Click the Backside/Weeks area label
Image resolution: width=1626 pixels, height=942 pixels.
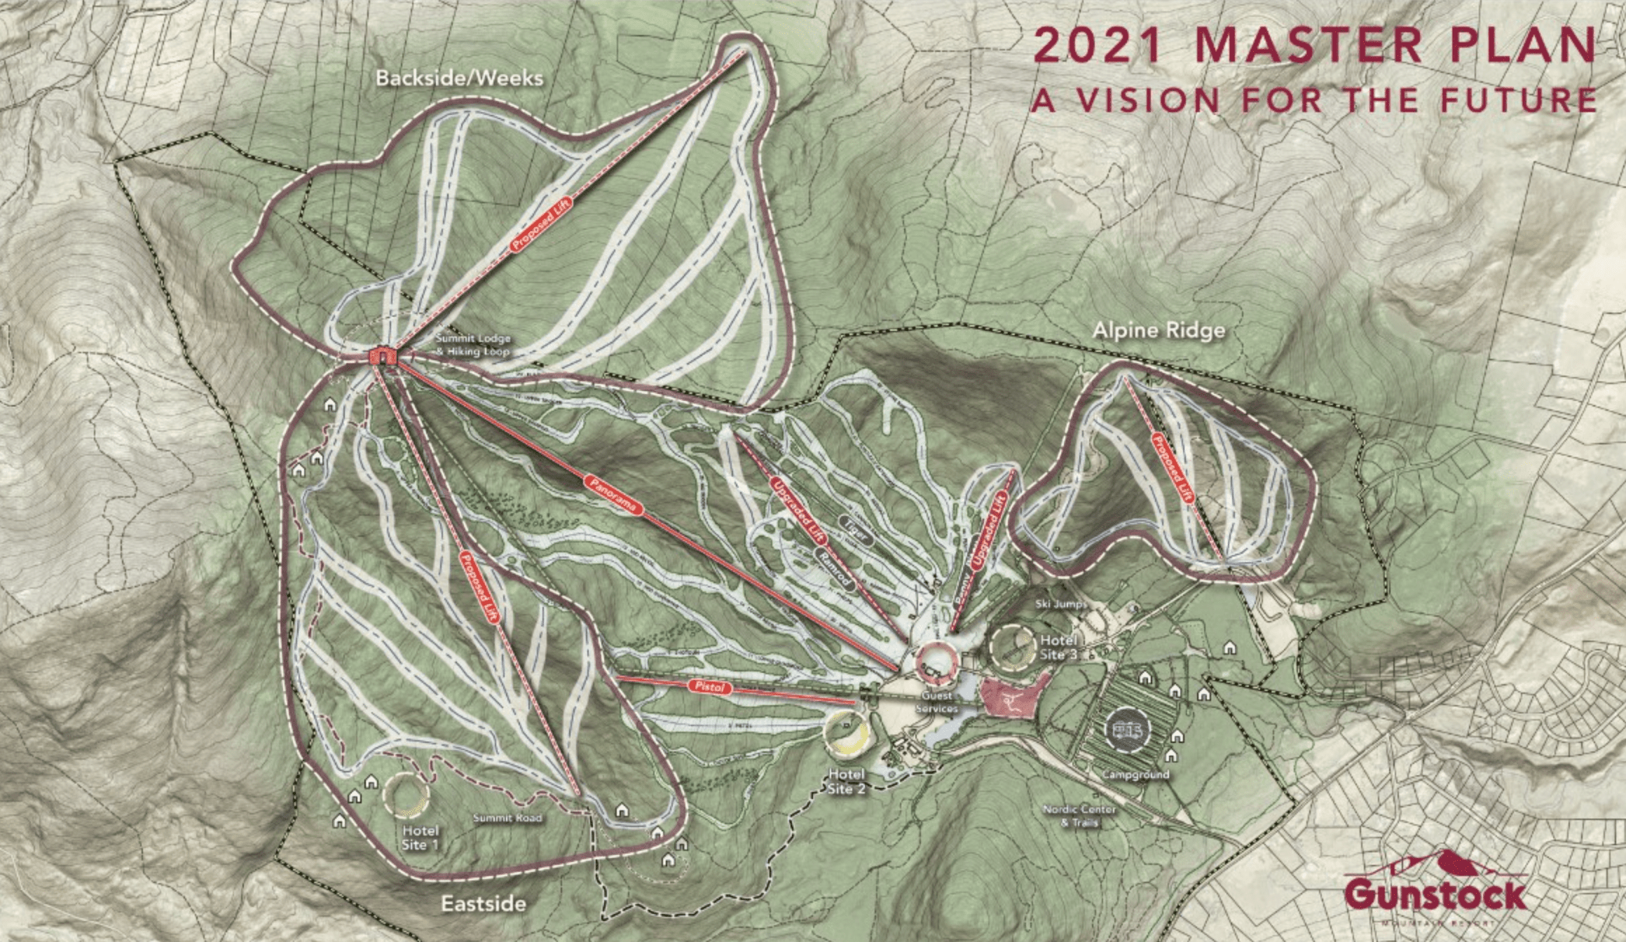459,78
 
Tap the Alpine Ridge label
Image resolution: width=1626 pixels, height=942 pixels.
1159,330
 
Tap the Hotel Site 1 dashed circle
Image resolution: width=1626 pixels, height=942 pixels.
406,795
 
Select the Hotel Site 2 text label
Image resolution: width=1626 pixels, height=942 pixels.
846,781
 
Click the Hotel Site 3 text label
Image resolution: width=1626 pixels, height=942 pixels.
1058,648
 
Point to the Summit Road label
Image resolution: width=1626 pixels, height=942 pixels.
507,818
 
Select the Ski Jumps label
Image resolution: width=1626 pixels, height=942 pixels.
1060,604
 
